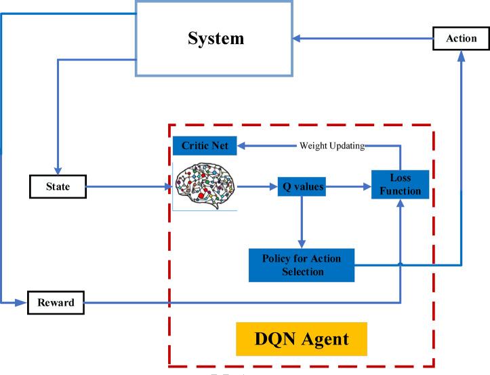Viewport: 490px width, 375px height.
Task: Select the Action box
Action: click(x=461, y=38)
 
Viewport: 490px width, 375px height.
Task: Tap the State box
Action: click(x=58, y=185)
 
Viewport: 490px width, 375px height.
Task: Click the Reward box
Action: click(x=56, y=302)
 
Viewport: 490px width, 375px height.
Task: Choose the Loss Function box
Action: click(x=400, y=185)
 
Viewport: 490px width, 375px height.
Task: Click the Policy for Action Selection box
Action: click(x=302, y=264)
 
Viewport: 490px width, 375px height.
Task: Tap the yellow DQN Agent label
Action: click(x=302, y=337)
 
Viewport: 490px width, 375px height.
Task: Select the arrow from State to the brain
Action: click(x=129, y=185)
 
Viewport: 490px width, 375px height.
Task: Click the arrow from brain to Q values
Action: click(x=258, y=186)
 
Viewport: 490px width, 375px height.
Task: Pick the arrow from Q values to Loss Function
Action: click(x=349, y=186)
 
